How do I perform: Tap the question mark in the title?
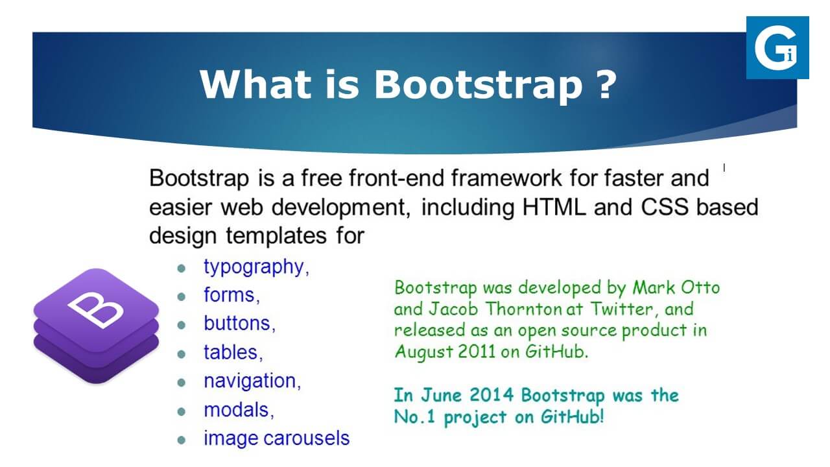(x=606, y=84)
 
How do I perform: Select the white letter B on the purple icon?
(x=95, y=309)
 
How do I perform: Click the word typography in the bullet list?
(x=254, y=268)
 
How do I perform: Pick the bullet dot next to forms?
(x=181, y=296)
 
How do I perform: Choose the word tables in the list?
(x=231, y=352)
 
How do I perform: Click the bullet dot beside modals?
(x=181, y=411)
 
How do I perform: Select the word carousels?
(x=307, y=438)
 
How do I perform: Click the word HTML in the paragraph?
(x=554, y=207)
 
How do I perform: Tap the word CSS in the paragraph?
(x=665, y=207)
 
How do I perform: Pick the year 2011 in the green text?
(x=477, y=352)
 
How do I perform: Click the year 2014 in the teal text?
(x=492, y=395)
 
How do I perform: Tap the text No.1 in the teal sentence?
(x=414, y=417)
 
